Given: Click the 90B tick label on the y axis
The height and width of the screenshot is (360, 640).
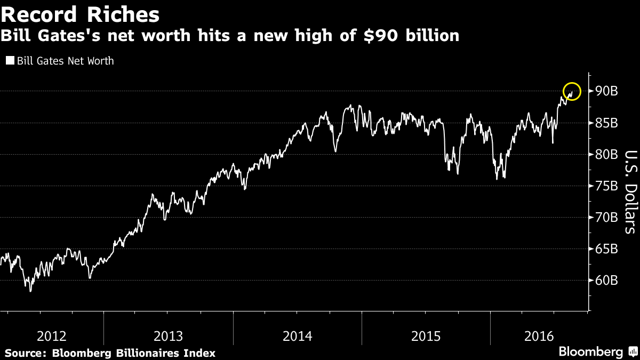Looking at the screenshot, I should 607,91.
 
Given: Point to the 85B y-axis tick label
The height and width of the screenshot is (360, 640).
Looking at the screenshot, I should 607,123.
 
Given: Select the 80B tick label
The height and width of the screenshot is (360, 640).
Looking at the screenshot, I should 607,155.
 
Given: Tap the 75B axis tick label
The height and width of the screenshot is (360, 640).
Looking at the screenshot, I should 607,186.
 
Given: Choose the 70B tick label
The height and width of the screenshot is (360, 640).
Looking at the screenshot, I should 607,218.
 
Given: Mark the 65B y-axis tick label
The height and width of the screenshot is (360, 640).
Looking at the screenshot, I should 607,249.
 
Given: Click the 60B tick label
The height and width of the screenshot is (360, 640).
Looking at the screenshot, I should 607,281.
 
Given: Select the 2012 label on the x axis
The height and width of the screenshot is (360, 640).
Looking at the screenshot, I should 52,337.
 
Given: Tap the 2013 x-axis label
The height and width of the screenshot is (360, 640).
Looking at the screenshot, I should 168,337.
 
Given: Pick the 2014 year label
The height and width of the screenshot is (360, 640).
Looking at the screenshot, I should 297,337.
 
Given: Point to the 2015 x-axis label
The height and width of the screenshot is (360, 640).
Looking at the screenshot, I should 426,337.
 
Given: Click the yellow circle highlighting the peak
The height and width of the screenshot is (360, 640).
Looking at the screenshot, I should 572,91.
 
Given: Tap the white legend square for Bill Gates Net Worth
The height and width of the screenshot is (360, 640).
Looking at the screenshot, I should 10,61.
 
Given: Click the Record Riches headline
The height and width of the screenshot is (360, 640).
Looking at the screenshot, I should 80,14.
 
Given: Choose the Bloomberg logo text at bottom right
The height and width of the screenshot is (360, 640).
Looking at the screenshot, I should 590,352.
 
